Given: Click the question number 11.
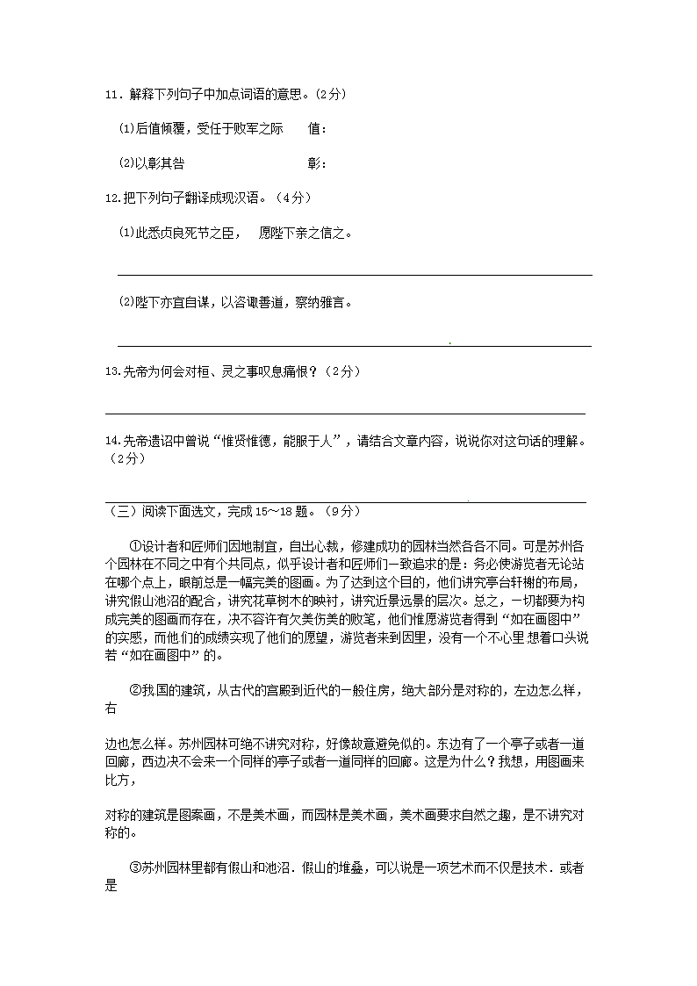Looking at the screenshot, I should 111,95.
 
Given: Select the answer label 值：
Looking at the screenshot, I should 317,129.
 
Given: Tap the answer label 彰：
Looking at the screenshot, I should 317,163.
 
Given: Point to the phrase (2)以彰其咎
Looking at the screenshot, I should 151,163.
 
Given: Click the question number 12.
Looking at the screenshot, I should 111,198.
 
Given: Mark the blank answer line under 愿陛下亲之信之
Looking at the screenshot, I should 355,275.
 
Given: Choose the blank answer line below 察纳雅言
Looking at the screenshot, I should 355,346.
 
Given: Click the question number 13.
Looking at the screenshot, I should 111,372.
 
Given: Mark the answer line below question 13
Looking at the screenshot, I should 345,414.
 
